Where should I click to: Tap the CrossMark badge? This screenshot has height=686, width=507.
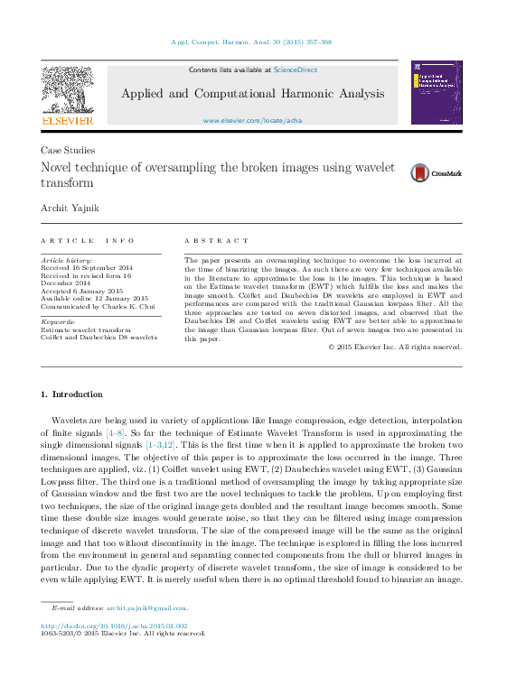436,173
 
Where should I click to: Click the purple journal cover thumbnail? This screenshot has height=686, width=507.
437,93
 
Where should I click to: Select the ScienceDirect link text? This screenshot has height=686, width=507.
296,70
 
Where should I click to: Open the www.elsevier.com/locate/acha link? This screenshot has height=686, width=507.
252,120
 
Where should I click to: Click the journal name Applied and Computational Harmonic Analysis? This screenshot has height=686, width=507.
252,94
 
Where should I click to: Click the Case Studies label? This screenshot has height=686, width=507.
68,151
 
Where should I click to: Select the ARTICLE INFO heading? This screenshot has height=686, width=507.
88,241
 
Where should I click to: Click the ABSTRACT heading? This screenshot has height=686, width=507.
216,241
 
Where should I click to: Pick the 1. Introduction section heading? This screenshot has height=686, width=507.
72,394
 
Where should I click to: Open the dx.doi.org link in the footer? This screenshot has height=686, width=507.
113,625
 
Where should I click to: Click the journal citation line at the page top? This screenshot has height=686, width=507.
251,42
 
